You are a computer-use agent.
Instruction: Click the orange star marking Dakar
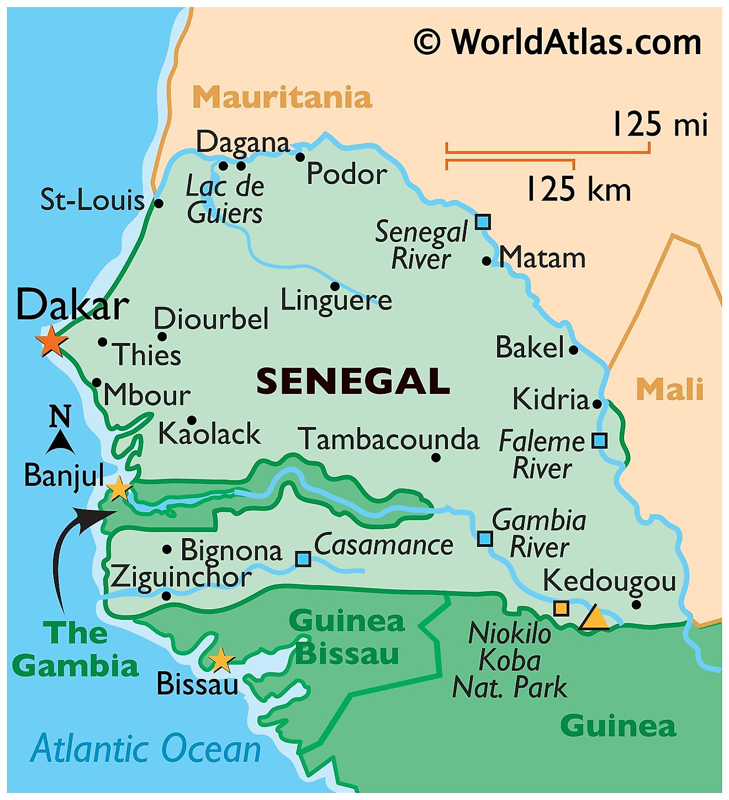point(51,342)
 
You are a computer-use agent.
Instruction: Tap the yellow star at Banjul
point(119,489)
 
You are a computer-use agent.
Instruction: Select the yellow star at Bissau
point(221,660)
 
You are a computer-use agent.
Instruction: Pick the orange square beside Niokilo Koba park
point(561,608)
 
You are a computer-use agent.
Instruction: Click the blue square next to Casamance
point(303,559)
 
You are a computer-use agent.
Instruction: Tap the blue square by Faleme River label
point(599,441)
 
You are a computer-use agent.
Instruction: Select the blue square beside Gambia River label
point(484,538)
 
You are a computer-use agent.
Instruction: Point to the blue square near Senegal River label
point(483,222)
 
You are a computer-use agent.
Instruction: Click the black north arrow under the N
point(60,442)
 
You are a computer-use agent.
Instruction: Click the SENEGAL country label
point(353,381)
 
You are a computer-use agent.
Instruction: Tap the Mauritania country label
point(282,98)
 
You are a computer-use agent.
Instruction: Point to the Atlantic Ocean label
point(146,749)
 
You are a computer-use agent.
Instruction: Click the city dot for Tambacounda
point(436,457)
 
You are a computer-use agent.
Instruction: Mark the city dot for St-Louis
point(159,203)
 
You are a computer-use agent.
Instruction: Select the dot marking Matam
point(487,261)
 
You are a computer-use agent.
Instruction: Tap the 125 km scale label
point(578,190)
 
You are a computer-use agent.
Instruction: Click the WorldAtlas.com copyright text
point(558,42)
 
